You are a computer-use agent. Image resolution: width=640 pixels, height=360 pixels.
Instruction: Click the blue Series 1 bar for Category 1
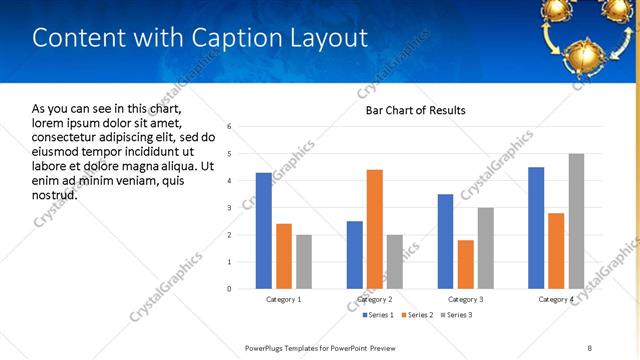tap(263, 231)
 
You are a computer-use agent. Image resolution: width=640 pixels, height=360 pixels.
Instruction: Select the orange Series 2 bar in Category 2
tap(375, 229)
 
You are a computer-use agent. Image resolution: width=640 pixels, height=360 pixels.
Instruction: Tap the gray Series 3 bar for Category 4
tap(576, 221)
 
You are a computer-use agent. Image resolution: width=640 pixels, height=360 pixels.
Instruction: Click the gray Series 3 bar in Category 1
tap(304, 262)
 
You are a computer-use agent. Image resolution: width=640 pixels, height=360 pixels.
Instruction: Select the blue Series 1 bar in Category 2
tap(355, 255)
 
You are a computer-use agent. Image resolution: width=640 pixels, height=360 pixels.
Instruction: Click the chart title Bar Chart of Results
tap(415, 110)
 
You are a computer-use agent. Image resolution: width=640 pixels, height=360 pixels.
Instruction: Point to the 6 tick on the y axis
tap(230, 127)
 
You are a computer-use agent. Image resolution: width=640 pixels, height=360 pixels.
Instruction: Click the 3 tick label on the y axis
tap(230, 208)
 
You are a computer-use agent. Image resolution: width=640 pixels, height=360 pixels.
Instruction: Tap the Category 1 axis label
tap(284, 299)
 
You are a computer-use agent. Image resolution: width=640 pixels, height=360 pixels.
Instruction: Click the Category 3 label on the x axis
tap(465, 299)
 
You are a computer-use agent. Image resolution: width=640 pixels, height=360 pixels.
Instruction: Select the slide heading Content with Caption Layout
tap(200, 38)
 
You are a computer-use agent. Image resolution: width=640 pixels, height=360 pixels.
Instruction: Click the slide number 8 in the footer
tap(590, 347)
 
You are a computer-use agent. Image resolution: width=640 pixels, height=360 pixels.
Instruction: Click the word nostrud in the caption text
tap(55, 194)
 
